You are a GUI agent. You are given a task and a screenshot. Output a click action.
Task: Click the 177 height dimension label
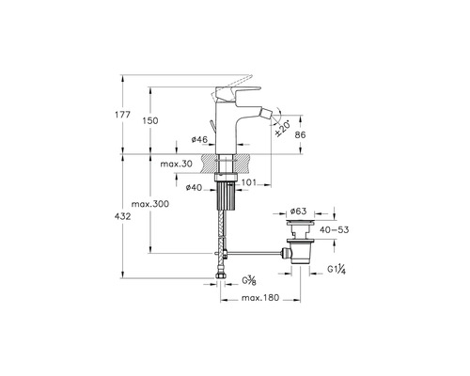[x=122, y=115]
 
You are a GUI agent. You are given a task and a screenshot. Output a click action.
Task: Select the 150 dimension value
[x=150, y=120]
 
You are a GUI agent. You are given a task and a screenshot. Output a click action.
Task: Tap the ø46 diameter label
[x=199, y=139]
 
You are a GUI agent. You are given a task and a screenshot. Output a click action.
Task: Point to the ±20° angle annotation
[x=282, y=128]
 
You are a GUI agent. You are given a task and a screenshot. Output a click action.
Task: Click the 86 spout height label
[x=300, y=135]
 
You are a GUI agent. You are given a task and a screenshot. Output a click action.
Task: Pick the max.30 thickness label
[x=177, y=164]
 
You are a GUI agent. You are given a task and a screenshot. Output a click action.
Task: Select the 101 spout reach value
[x=249, y=182]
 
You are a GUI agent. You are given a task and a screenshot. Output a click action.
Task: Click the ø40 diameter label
[x=194, y=188]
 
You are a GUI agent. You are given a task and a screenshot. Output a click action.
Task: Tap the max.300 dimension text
[x=150, y=204]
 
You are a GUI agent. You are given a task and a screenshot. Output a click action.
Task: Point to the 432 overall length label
[x=122, y=216]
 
